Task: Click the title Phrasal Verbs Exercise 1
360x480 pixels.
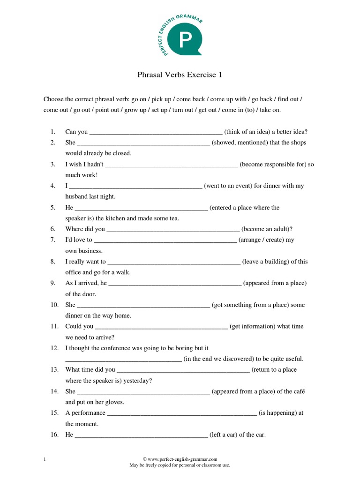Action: pyautogui.click(x=180, y=75)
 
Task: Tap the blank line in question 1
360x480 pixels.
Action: pyautogui.click(x=156, y=133)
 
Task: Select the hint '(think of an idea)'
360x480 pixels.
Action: pyautogui.click(x=247, y=132)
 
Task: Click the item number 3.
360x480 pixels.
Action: pyautogui.click(x=53, y=165)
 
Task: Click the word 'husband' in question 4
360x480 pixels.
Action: pyautogui.click(x=77, y=197)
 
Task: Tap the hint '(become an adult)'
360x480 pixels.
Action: pyautogui.click(x=267, y=229)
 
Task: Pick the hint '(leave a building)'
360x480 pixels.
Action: pyautogui.click(x=266, y=262)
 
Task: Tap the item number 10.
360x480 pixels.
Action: pyautogui.click(x=54, y=305)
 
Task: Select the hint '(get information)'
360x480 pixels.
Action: pyautogui.click(x=253, y=327)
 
